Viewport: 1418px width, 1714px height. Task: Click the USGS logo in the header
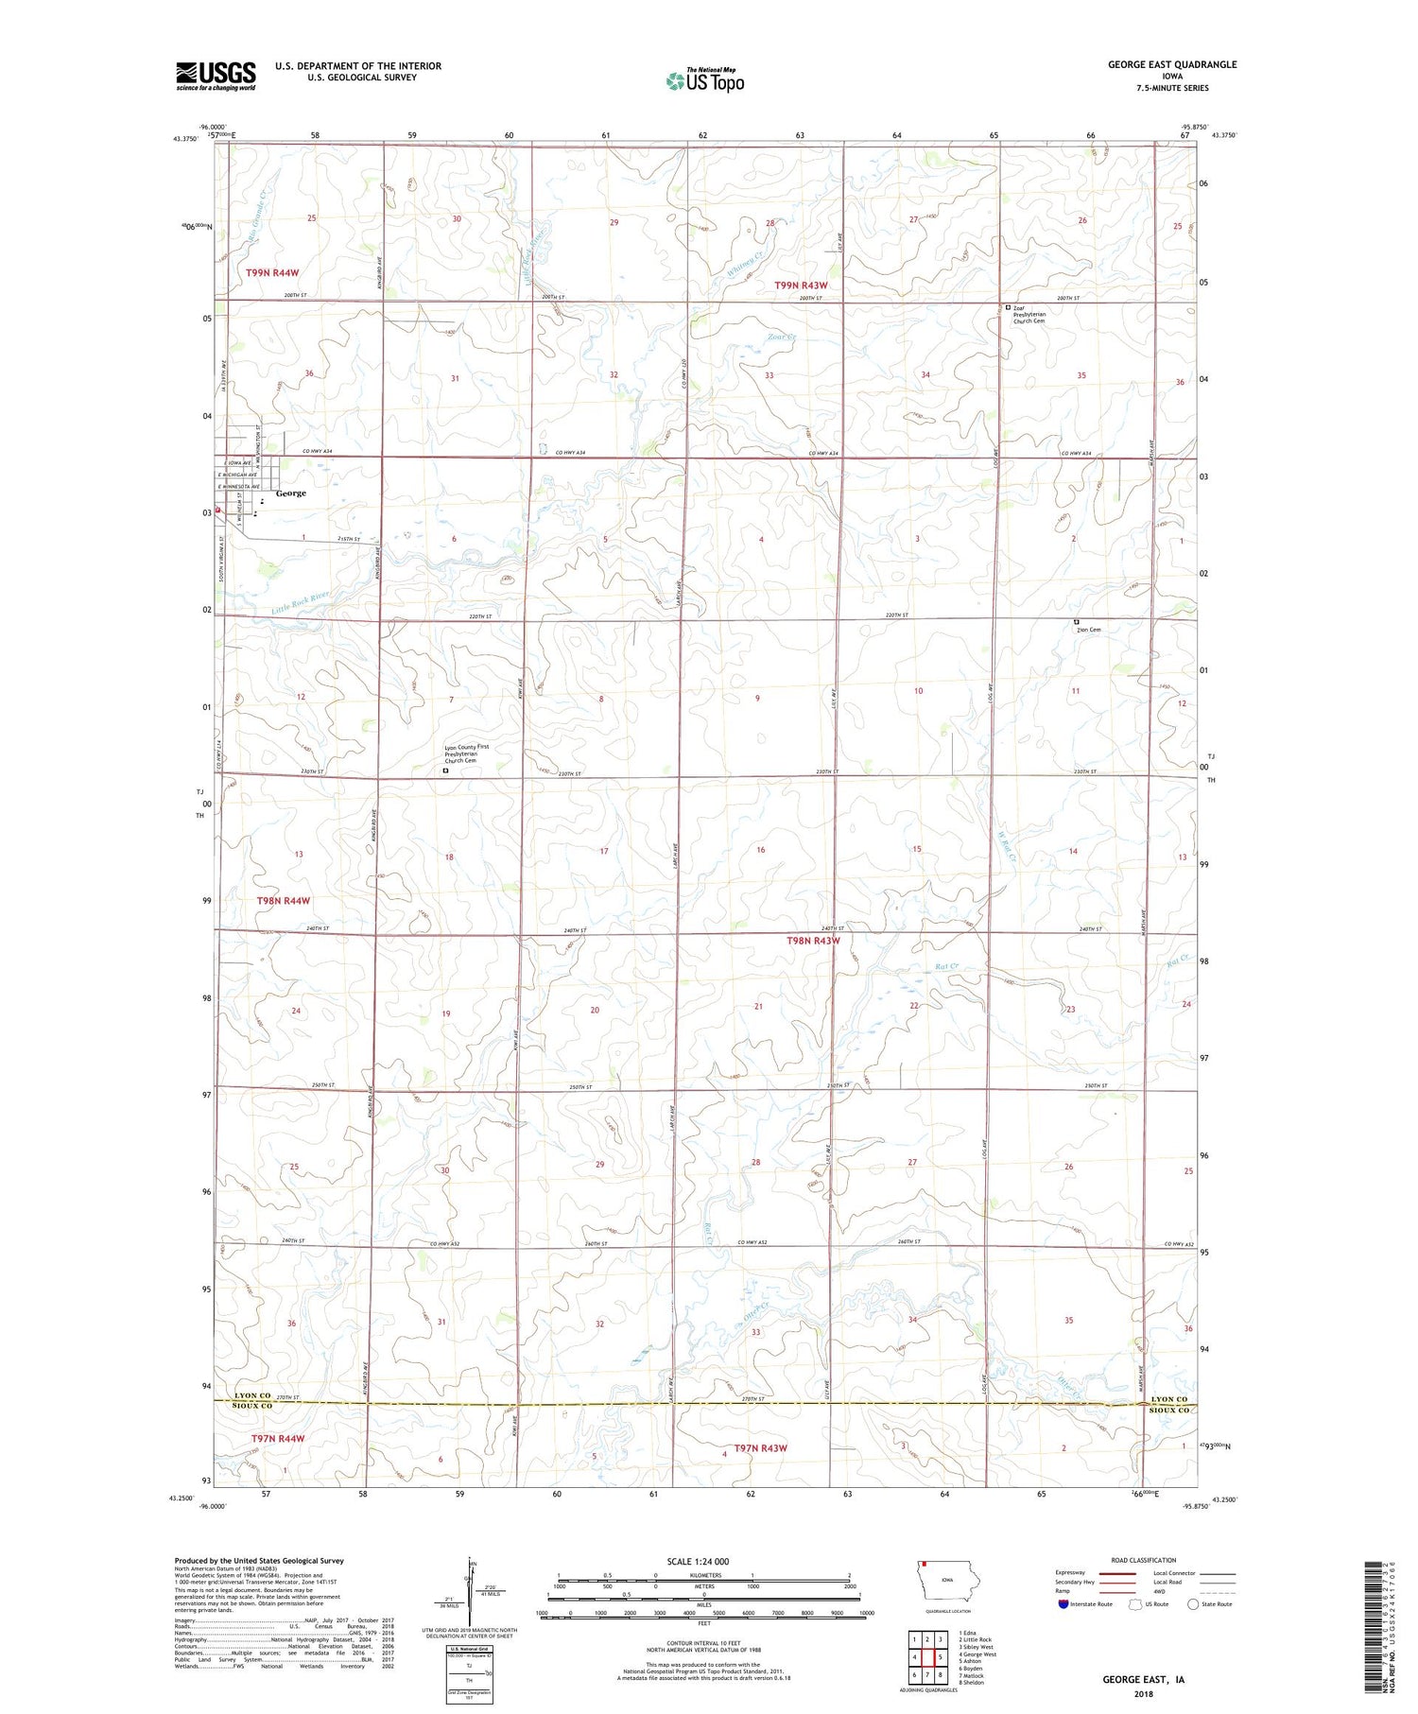coord(216,76)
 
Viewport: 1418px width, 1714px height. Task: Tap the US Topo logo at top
coord(704,81)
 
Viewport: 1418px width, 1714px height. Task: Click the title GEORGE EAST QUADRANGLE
coord(1172,64)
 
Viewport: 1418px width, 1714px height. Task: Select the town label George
coord(290,493)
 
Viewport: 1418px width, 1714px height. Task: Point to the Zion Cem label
coord(1088,630)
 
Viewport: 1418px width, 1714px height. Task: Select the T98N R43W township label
coord(813,941)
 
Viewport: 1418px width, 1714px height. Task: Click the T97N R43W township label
coord(760,1448)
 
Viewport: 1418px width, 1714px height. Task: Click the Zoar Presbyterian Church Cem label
coord(1030,314)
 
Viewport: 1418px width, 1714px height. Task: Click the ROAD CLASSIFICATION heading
coord(1144,1560)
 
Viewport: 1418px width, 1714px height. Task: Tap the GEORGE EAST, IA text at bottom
coord(1143,1680)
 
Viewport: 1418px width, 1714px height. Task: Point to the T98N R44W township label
coord(284,901)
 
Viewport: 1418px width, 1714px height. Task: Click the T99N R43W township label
coord(801,286)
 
